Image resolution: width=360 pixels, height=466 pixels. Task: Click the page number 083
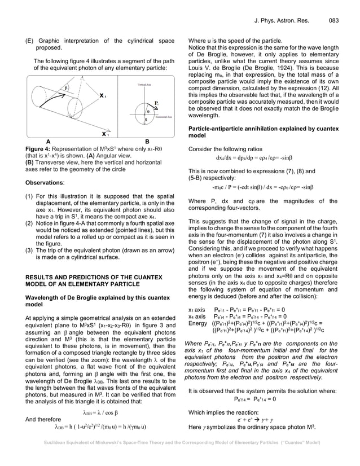[x=333, y=21]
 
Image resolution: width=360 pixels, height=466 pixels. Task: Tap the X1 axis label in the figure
[x=104, y=135]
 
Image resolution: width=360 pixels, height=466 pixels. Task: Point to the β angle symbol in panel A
[x=65, y=89]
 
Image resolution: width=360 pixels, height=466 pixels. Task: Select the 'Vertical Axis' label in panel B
[x=147, y=83]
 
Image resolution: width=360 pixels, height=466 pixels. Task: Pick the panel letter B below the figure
[x=147, y=142]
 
